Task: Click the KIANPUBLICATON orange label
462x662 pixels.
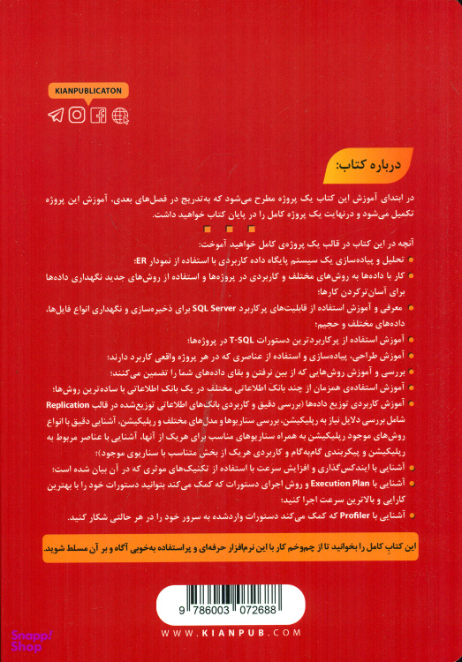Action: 88,91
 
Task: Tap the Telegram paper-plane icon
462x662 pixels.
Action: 57,115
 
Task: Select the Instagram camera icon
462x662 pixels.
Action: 78,115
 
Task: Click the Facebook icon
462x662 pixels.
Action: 99,115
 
